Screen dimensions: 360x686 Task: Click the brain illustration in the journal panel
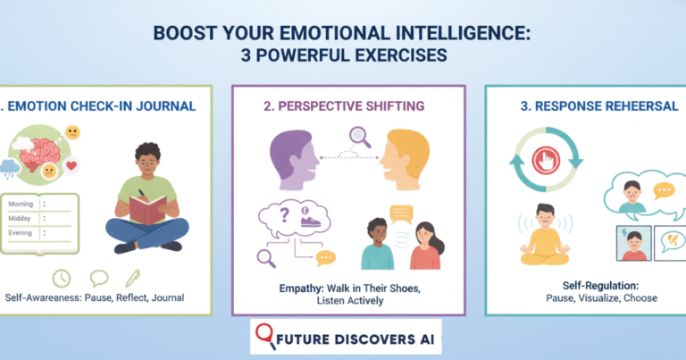click(43, 153)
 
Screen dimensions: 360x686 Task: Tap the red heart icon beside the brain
click(72, 164)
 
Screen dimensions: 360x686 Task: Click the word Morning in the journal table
click(22, 205)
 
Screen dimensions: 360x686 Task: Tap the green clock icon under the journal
click(62, 278)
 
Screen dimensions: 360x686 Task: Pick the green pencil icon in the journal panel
click(133, 278)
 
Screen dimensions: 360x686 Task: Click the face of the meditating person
click(544, 218)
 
